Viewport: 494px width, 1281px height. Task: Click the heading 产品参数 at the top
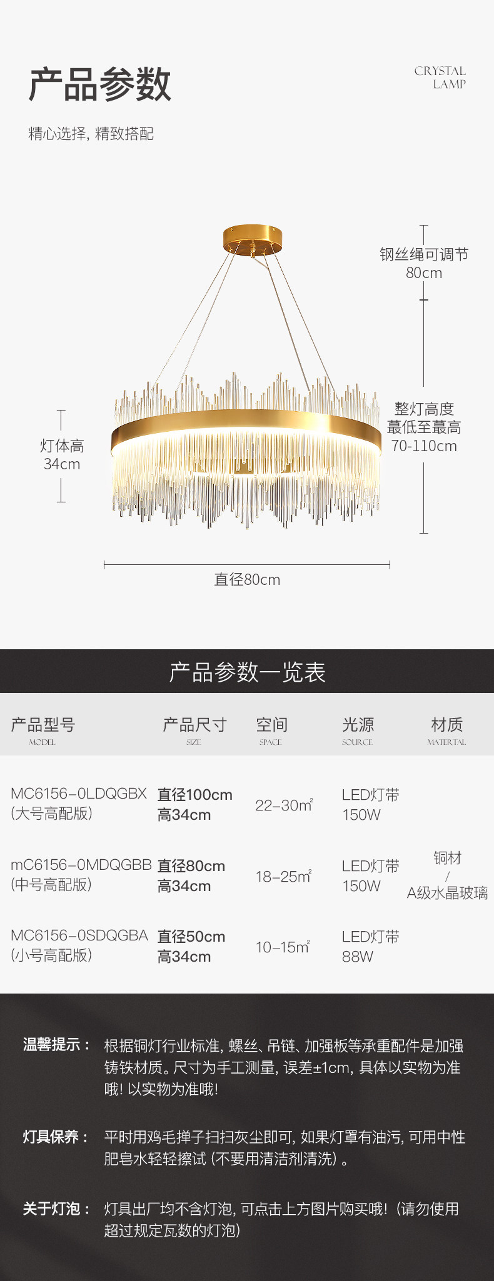tap(100, 84)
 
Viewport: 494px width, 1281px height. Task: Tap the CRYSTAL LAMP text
tap(440, 77)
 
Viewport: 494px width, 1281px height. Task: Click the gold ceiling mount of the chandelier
tap(253, 238)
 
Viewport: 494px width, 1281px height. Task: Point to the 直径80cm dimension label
tap(247, 580)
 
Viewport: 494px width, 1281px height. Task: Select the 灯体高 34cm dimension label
tap(62, 455)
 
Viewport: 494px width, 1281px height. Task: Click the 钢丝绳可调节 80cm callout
tap(424, 263)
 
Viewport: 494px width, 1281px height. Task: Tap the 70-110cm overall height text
tap(424, 446)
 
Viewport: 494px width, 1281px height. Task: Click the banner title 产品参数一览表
tap(247, 672)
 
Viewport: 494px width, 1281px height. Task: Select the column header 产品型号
tap(43, 725)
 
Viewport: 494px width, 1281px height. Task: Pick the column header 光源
tap(358, 725)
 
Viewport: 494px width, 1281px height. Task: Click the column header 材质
tap(446, 725)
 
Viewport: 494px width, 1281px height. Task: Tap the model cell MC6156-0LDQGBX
tap(79, 794)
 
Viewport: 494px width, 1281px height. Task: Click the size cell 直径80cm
tap(191, 866)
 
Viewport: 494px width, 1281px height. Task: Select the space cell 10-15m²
tap(283, 947)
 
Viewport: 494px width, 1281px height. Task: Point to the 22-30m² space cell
tap(283, 805)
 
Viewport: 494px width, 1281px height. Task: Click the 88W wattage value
tap(358, 957)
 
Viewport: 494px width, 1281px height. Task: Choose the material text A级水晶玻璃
tap(447, 893)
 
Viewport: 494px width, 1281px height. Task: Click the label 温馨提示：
tap(56, 1045)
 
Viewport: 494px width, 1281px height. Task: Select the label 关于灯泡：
tap(56, 1209)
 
